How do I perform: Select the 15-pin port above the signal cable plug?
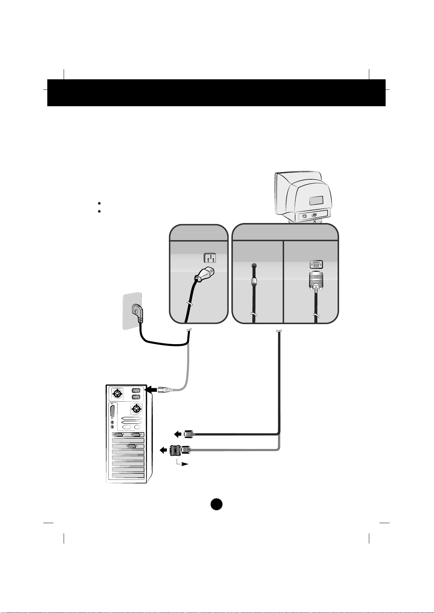point(316,265)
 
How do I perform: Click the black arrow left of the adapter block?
point(164,450)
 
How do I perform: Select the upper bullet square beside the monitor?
point(99,204)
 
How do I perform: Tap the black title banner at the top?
point(216,93)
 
